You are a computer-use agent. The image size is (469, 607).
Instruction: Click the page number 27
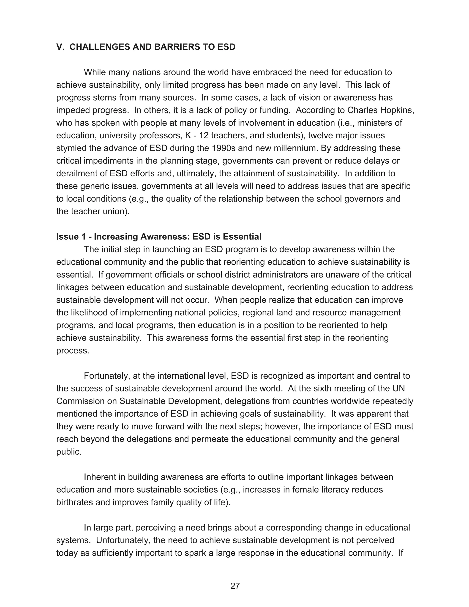point(235,586)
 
